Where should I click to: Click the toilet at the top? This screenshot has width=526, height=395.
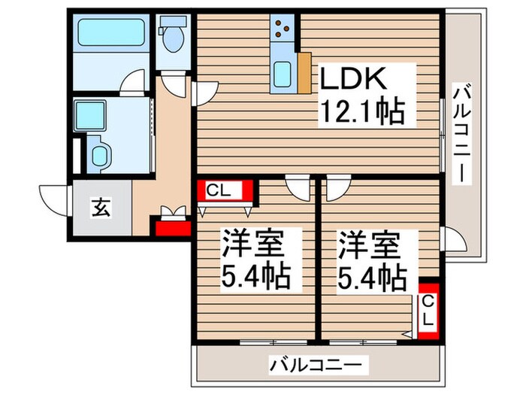point(172,35)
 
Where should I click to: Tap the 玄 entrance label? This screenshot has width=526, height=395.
point(101,206)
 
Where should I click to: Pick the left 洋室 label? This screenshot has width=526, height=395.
point(252,248)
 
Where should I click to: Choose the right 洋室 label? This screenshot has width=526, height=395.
point(368,248)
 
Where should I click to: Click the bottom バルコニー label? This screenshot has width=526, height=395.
point(319,366)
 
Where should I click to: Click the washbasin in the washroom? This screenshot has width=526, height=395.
point(101,156)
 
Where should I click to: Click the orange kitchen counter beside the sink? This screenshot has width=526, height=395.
point(304,72)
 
